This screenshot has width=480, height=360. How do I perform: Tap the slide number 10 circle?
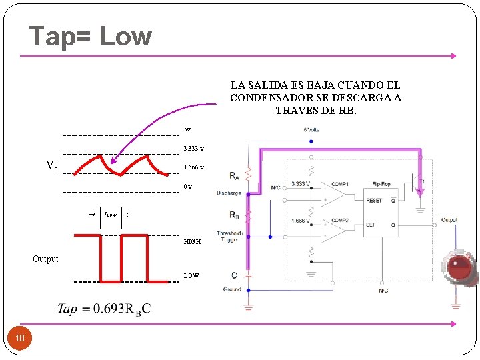[x=20, y=339]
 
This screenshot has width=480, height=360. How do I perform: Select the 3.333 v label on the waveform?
[x=194, y=148]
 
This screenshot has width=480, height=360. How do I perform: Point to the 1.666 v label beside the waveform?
[x=194, y=167]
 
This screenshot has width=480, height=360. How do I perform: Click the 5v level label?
[x=187, y=129]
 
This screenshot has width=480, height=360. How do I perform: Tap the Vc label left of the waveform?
[x=51, y=165]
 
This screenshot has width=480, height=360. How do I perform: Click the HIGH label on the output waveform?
[x=192, y=242]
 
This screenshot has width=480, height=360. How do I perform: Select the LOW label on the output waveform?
[x=191, y=275]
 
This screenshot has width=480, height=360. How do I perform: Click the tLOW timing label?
[x=111, y=215]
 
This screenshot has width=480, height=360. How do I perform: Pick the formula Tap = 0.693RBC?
[x=104, y=308]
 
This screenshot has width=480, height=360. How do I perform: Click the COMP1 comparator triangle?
[x=334, y=193]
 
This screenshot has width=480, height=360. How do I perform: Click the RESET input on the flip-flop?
[x=374, y=200]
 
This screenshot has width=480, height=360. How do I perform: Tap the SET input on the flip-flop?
[x=371, y=225]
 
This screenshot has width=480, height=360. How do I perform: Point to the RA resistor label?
[x=234, y=177]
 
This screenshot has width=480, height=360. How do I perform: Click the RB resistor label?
[x=234, y=215]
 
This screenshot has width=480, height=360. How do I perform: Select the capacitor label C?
[x=234, y=275]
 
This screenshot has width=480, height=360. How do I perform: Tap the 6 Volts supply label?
[x=311, y=129]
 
